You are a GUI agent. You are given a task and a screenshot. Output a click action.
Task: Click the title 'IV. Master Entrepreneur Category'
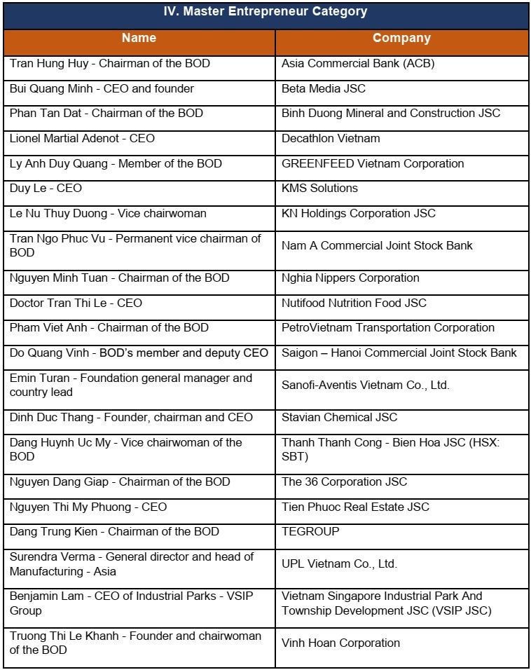265,12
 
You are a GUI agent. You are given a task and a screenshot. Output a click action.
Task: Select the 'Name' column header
139,38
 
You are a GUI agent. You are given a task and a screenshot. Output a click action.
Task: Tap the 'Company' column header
401,38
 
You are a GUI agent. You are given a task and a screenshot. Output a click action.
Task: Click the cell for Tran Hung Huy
110,64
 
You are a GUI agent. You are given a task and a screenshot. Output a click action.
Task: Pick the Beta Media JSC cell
324,89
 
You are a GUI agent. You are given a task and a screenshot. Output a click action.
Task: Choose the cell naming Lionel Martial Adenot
83,138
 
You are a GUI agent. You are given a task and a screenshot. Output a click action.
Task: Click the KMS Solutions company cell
319,188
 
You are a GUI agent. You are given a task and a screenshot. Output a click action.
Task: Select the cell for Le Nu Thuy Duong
108,213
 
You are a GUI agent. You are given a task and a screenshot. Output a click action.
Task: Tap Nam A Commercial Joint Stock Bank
377,245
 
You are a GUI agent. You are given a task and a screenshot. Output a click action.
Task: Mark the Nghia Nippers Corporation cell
350,278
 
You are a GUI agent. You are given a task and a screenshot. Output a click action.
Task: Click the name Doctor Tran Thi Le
76,303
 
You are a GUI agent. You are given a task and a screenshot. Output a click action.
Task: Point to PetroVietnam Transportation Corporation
388,327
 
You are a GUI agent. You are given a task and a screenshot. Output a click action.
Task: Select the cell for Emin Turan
131,385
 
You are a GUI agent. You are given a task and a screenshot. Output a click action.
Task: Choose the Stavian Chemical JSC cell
339,417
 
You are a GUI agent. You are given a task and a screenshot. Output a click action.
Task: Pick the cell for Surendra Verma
132,563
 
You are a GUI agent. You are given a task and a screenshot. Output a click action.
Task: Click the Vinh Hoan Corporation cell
340,643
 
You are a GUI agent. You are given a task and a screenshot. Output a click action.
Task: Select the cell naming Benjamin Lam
132,603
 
